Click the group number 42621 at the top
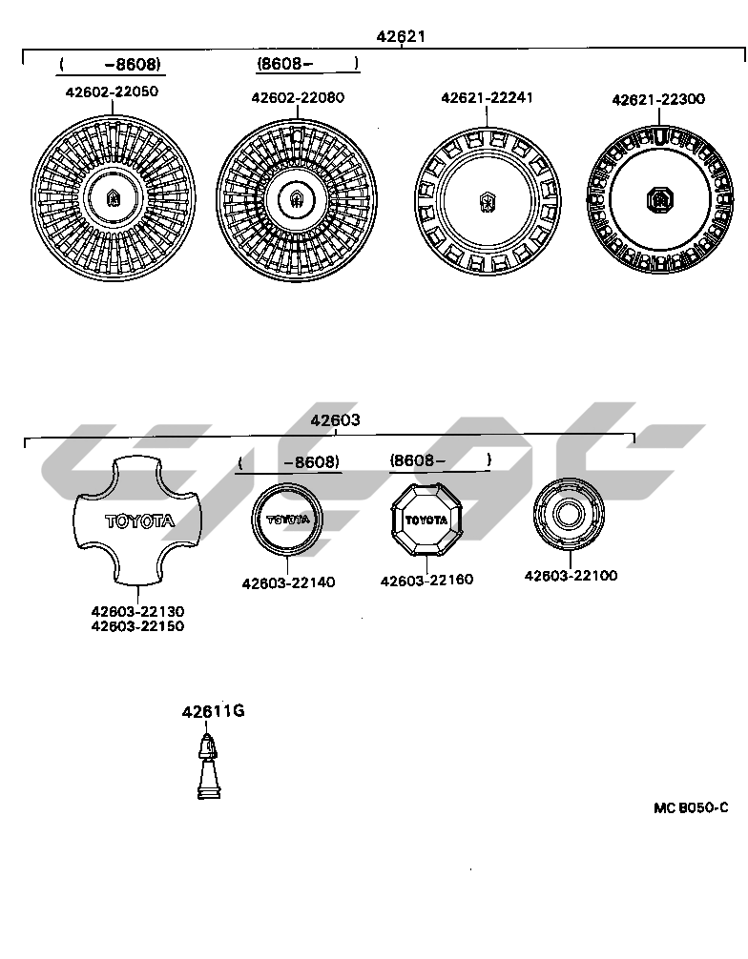click(x=401, y=36)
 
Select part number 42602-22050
click(x=112, y=92)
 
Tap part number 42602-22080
click(x=298, y=97)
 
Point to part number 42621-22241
click(x=487, y=97)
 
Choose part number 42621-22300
click(x=658, y=98)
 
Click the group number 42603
click(x=335, y=420)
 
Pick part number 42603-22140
click(x=288, y=582)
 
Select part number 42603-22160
click(x=426, y=580)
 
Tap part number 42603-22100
click(x=571, y=575)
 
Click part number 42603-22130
click(x=137, y=611)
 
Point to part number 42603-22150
click(x=137, y=626)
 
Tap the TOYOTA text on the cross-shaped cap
click(x=139, y=521)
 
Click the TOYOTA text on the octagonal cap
click(x=426, y=520)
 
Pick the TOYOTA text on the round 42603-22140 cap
click(x=287, y=520)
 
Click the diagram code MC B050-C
click(x=691, y=807)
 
